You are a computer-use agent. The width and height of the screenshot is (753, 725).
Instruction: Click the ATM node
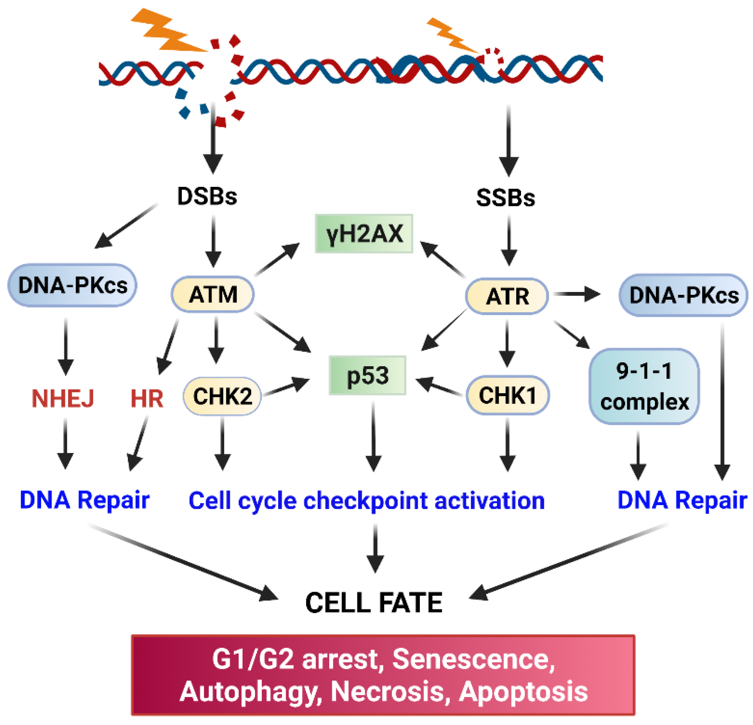tap(212, 294)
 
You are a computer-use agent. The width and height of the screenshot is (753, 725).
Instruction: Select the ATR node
tap(507, 296)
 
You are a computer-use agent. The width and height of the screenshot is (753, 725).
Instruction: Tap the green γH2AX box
tap(364, 234)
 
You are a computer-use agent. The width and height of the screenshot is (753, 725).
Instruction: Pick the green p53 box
tap(368, 375)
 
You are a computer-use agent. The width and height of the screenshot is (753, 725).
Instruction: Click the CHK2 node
tap(222, 396)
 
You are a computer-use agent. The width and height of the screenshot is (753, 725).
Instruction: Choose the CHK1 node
tap(508, 395)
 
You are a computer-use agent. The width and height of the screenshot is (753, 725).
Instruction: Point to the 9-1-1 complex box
tap(644, 386)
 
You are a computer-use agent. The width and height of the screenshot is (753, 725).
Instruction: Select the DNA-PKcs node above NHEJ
tap(72, 285)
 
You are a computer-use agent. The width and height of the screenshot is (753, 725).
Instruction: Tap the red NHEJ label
tap(63, 399)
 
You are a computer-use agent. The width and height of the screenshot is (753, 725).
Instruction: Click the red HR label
tap(147, 399)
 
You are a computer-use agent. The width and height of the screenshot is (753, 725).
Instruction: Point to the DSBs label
tap(207, 196)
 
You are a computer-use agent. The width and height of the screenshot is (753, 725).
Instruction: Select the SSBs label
tap(505, 198)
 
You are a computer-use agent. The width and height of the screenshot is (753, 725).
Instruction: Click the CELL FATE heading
tap(373, 602)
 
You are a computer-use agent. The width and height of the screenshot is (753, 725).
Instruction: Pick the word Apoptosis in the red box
tap(523, 692)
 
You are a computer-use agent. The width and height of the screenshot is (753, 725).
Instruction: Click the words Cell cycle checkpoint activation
tap(367, 501)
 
